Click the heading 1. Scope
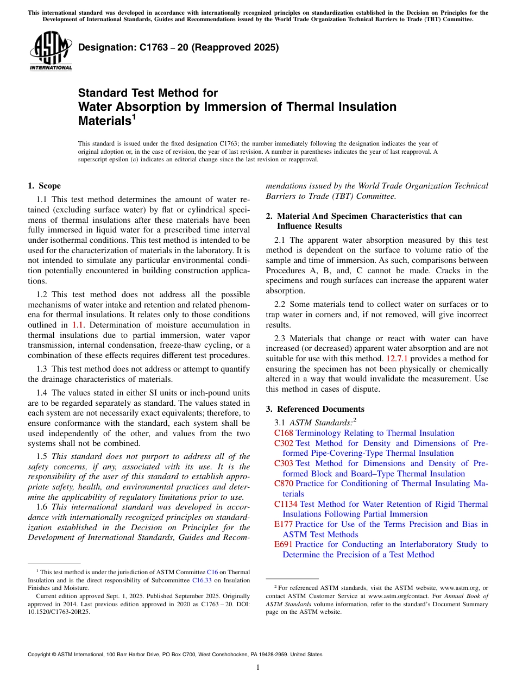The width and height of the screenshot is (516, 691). click(x=44, y=186)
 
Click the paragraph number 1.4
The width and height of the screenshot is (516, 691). click(x=42, y=393)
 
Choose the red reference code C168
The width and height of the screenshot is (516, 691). click(x=284, y=433)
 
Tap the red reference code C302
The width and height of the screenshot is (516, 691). click(x=284, y=443)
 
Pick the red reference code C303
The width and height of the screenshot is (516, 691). click(x=284, y=463)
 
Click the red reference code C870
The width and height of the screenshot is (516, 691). click(x=284, y=483)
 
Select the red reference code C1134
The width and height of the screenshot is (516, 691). click(x=286, y=504)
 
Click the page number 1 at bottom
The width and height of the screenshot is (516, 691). click(x=258, y=668)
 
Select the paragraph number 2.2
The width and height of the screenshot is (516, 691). click(x=281, y=304)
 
